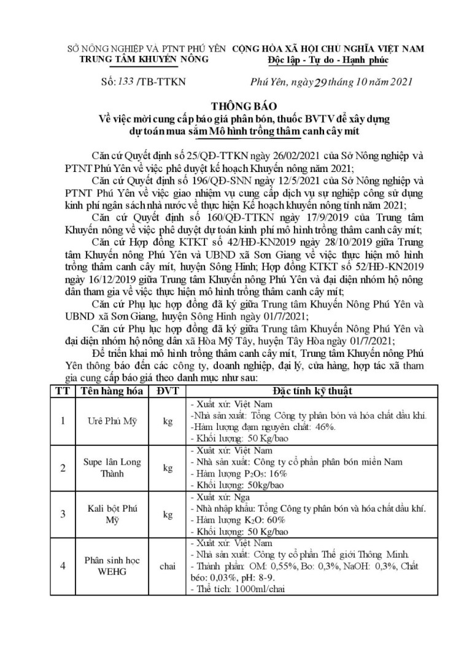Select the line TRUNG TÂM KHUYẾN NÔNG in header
[x=145, y=59]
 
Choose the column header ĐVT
[x=166, y=391]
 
